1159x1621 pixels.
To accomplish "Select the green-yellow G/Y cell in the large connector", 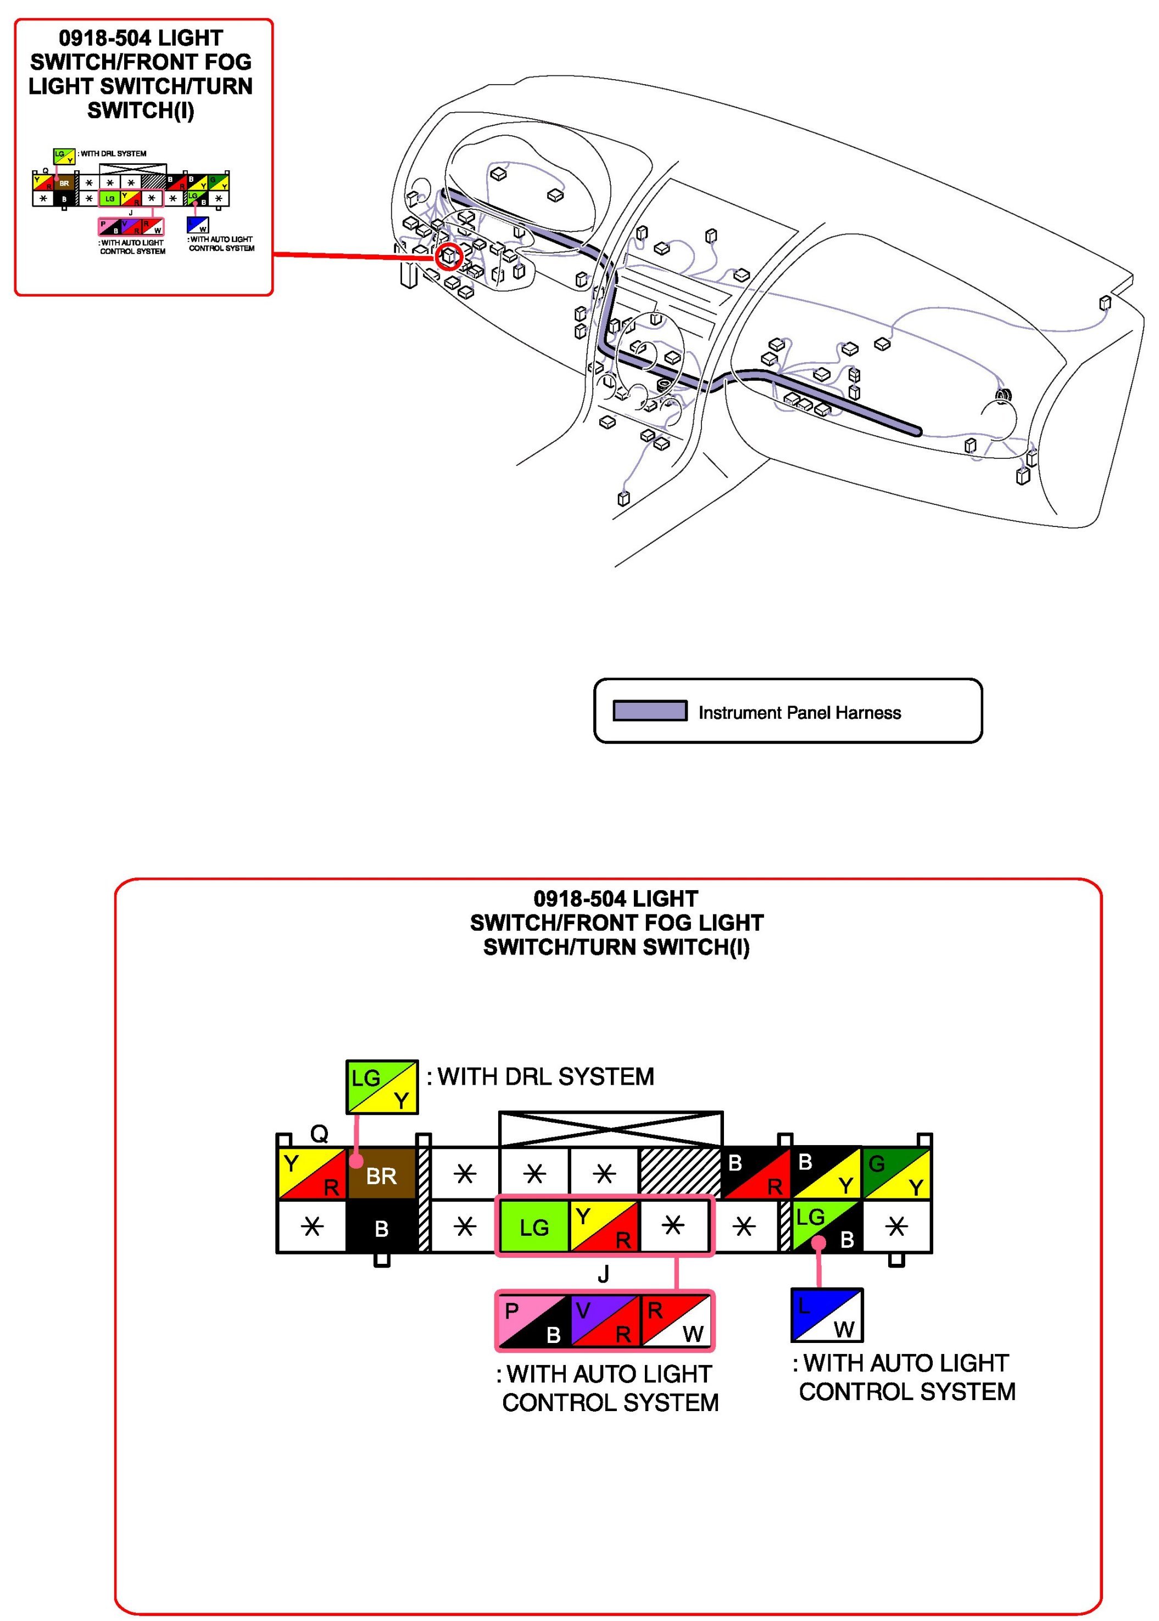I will (896, 1173).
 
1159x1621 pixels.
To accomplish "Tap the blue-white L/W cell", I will (827, 1315).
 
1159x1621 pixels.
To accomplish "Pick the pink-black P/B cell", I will (533, 1321).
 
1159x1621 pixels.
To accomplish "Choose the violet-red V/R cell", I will (604, 1321).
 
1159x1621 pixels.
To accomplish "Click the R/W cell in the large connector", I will (675, 1321).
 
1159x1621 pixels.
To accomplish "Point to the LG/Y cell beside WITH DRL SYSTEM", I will (382, 1086).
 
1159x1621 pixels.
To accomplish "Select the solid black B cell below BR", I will (382, 1228).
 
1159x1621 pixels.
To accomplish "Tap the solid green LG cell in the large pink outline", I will (534, 1227).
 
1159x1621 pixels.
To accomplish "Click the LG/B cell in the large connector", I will (827, 1227).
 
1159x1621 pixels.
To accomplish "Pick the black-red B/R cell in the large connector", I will (755, 1173).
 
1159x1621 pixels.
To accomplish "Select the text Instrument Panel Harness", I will (799, 712).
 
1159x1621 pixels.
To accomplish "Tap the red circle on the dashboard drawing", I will (449, 256).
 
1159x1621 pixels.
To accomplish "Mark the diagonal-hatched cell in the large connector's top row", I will (680, 1173).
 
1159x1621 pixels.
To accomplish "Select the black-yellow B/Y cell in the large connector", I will (826, 1173).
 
